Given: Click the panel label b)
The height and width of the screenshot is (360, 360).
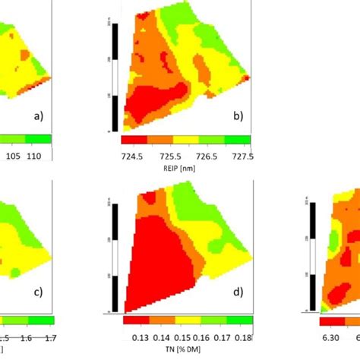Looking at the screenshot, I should pos(238,116).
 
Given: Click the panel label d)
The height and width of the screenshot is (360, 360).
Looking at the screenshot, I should pos(238,292).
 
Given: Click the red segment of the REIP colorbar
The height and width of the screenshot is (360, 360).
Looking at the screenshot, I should pos(133,140).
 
